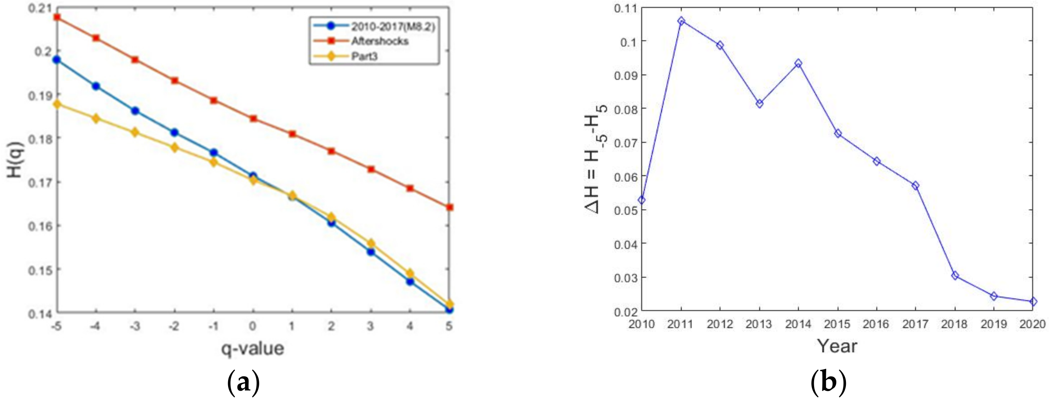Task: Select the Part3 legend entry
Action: click(364, 56)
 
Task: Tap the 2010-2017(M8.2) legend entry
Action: click(393, 26)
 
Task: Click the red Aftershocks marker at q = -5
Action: click(57, 17)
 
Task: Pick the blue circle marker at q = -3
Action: click(135, 111)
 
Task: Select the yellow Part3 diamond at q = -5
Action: click(57, 104)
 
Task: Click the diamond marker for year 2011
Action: click(681, 21)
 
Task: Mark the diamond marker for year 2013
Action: click(759, 104)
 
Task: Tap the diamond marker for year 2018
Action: click(955, 276)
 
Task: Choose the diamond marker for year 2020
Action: click(1033, 302)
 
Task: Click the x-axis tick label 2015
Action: click(838, 324)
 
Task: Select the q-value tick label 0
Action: click(253, 326)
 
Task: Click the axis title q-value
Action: click(252, 349)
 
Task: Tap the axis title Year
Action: click(837, 346)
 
